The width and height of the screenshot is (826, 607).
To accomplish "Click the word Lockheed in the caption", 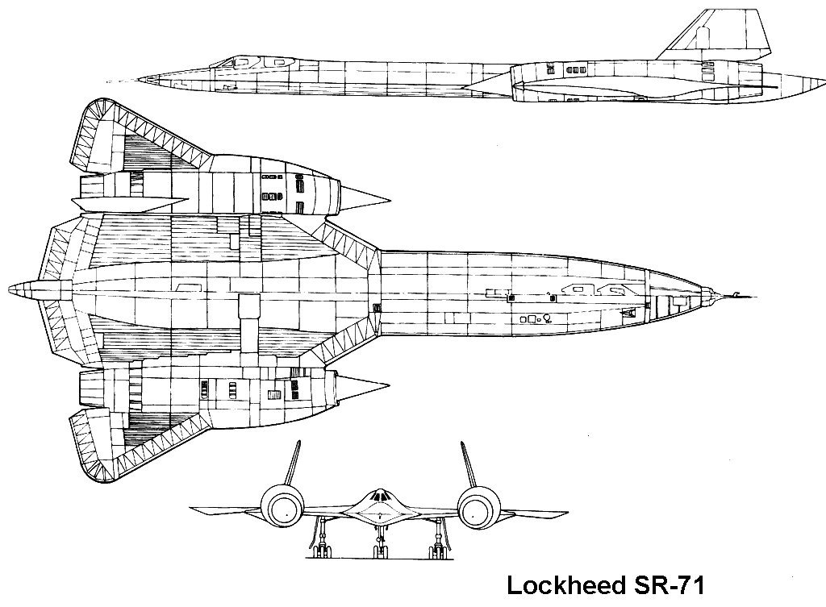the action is pyautogui.click(x=564, y=585).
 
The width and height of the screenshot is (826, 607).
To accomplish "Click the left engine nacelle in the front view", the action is pyautogui.click(x=283, y=507).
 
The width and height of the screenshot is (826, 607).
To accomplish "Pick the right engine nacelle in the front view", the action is pyautogui.click(x=478, y=507).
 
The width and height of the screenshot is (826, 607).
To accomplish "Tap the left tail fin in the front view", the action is pyautogui.click(x=293, y=464).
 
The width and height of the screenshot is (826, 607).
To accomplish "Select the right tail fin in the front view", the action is pyautogui.click(x=469, y=464).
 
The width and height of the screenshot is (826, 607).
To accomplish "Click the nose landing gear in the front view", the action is pyautogui.click(x=379, y=542).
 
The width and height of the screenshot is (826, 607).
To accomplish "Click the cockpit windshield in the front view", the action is pyautogui.click(x=379, y=496).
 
